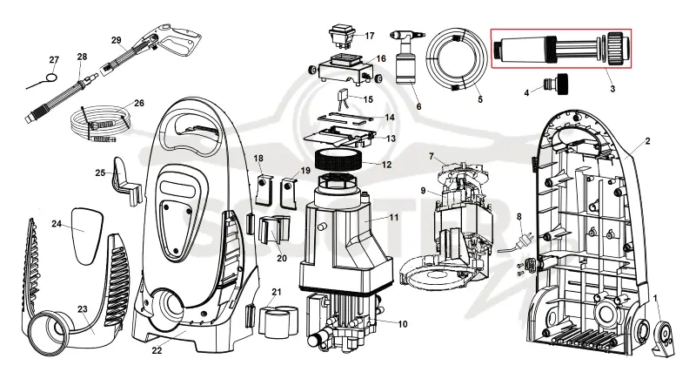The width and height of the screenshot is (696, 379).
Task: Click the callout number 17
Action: (x=369, y=36)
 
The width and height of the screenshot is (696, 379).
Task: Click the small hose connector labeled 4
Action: (x=553, y=83)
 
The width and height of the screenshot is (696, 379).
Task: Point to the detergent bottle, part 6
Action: (x=406, y=58)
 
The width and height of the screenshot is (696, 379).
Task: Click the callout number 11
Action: (x=394, y=218)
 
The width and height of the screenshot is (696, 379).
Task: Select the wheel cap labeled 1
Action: (x=663, y=332)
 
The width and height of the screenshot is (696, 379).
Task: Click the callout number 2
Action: (x=647, y=141)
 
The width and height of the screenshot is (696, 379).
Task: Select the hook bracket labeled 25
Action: (x=128, y=181)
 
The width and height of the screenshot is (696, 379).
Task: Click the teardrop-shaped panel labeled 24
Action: (x=86, y=235)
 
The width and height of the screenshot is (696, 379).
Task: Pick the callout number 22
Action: (x=157, y=350)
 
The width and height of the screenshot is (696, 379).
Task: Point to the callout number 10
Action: (x=402, y=324)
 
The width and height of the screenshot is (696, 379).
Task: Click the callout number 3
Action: (x=612, y=88)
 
